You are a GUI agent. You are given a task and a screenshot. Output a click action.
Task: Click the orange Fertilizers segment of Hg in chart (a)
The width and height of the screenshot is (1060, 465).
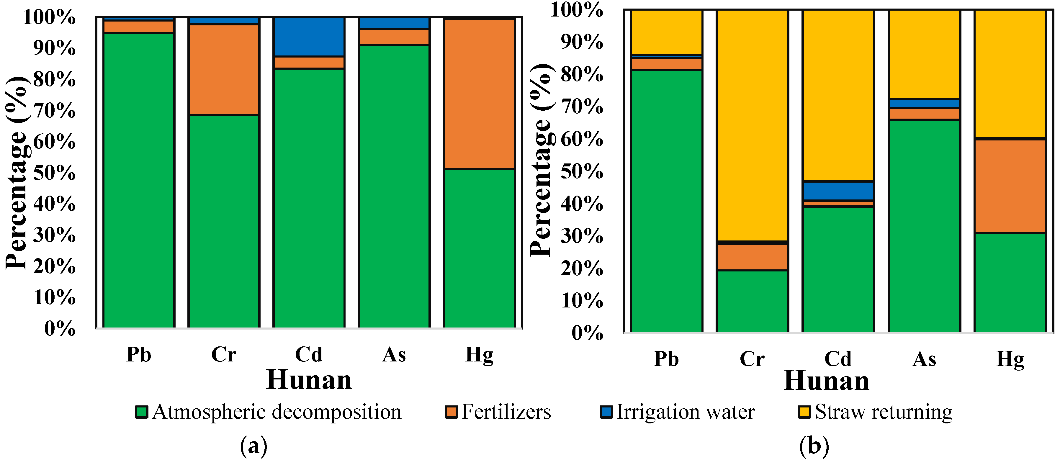(479, 94)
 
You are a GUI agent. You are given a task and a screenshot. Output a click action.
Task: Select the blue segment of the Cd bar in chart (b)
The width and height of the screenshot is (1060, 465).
(838, 191)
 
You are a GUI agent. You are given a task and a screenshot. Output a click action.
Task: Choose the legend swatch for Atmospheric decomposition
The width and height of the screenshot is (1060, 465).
(142, 412)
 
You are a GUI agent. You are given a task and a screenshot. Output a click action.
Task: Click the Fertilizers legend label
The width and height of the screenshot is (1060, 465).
(506, 412)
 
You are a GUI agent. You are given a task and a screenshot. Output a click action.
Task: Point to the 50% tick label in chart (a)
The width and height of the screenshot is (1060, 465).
(54, 173)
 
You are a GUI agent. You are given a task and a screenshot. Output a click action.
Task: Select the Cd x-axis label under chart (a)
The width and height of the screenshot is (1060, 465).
(309, 355)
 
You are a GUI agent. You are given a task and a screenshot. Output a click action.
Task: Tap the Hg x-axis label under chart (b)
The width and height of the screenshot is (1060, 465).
(1010, 359)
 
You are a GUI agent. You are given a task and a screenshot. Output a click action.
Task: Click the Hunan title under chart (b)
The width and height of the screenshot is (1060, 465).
(826, 381)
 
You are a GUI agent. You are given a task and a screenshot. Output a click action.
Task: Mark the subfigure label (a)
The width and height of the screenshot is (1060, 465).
(253, 446)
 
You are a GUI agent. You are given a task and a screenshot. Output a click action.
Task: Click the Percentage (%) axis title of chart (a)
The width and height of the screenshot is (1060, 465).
(17, 173)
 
